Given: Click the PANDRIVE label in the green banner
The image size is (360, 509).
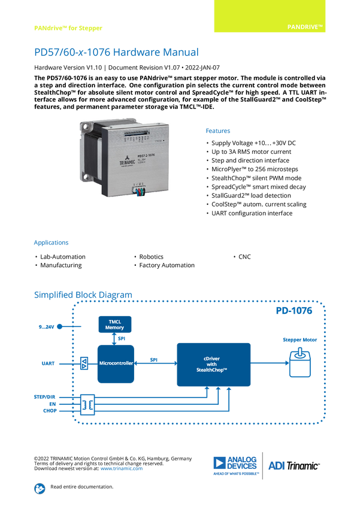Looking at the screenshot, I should pos(305,28).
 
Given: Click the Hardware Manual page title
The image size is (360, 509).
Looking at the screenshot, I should pos(116,53).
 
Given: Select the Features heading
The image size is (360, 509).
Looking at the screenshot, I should pos(219,131).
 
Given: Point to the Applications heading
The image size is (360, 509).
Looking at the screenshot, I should pos(51,243).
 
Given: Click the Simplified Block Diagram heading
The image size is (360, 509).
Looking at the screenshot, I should pos(83,294).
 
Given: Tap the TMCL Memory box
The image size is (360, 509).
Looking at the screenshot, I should pos(116,324).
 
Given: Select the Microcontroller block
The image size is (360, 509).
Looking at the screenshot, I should pos(116,363).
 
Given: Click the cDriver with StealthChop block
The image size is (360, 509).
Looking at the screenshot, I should pos(213,364).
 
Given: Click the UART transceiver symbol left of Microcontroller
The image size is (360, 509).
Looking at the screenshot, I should pos(84,363).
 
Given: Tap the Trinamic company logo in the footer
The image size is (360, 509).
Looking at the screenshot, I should pos(237,466).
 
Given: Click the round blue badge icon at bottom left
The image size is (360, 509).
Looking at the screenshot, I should pos(40,488).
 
